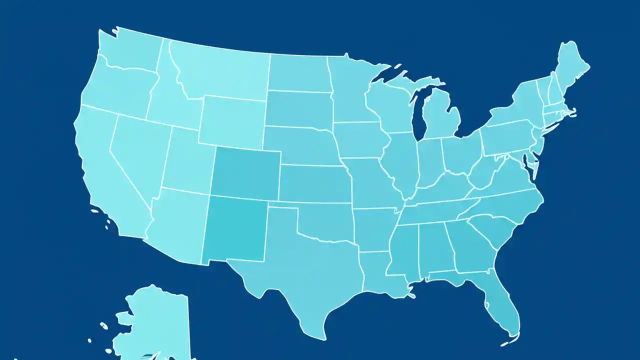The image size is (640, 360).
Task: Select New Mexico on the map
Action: pyautogui.click(x=235, y=227)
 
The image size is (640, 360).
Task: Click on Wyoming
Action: pyautogui.click(x=232, y=120)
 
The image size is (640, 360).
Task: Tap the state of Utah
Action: pyautogui.click(x=187, y=160)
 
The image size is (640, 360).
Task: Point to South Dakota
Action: pyautogui.click(x=299, y=108)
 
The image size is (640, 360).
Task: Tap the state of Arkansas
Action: pyautogui.click(x=372, y=227)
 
